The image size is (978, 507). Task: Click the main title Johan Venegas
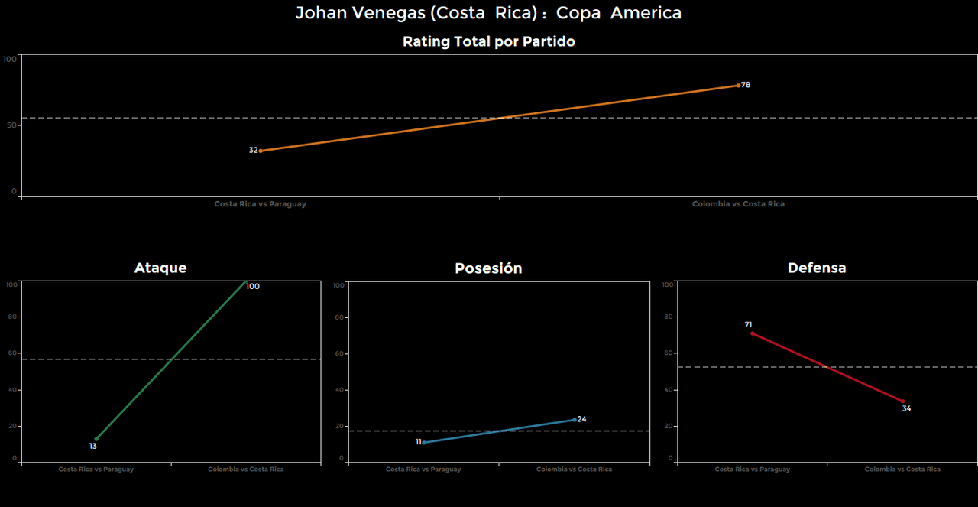coord(488,13)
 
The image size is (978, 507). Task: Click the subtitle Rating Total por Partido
coord(488,42)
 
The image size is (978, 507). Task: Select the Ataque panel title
coord(160,268)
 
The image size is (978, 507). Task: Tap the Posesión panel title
coord(488,268)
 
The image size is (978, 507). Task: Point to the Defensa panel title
coord(817,268)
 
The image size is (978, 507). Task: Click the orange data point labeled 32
coord(261,151)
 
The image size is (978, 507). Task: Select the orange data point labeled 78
coord(738,85)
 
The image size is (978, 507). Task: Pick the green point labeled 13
coord(96,439)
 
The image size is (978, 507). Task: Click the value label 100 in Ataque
coord(253,287)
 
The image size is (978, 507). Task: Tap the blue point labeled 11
coord(424,443)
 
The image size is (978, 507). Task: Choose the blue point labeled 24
coord(575,419)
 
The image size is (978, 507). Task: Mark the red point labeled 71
coord(753,333)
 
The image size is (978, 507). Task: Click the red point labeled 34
coord(902,401)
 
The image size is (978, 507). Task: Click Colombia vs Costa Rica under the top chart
coord(738,204)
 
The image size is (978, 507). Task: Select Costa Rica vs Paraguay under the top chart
coord(260,204)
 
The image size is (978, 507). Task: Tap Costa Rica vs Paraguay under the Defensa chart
coord(752,470)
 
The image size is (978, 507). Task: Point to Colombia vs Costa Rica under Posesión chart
coord(574,470)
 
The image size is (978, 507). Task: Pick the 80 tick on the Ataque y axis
coord(12,317)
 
